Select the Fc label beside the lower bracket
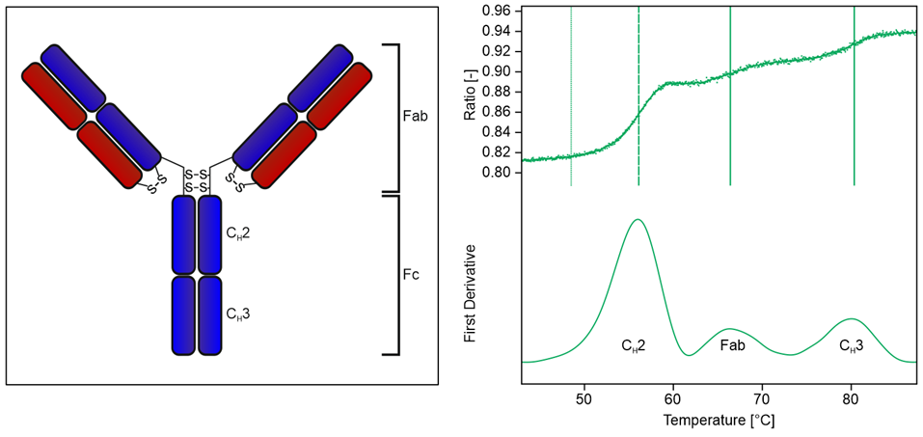pyautogui.click(x=412, y=274)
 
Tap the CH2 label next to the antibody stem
pyautogui.click(x=239, y=232)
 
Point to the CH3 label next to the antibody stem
pyautogui.click(x=239, y=314)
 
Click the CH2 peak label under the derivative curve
pyautogui.click(x=633, y=344)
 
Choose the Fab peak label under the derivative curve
pyautogui.click(x=733, y=344)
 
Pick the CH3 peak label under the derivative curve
pyautogui.click(x=851, y=344)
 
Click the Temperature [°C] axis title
pyautogui.click(x=718, y=421)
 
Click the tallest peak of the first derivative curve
pyautogui.click(x=637, y=220)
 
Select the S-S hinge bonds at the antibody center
pyautogui.click(x=197, y=180)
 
